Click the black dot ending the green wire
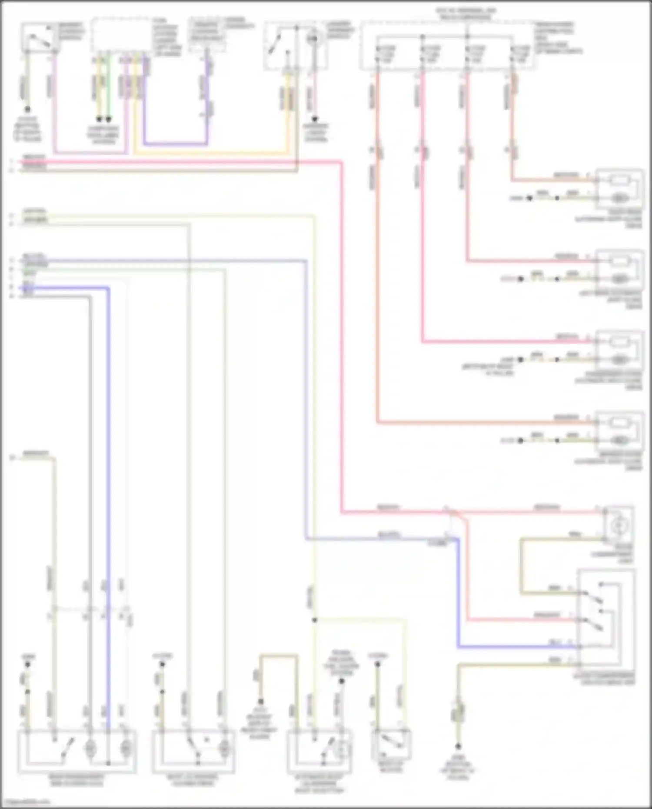tap(109, 119)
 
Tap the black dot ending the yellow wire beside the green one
tap(99, 119)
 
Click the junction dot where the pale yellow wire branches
tap(314, 620)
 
